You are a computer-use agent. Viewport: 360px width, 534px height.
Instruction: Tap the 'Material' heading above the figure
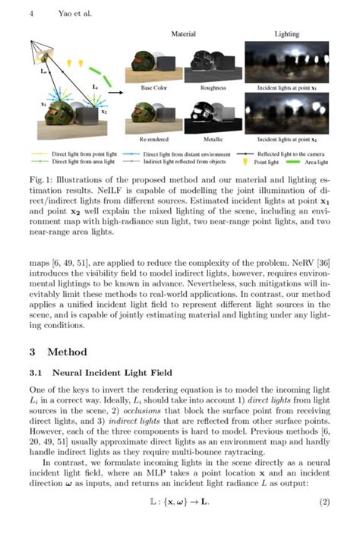point(183,34)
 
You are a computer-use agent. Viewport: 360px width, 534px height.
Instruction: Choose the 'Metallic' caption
point(213,141)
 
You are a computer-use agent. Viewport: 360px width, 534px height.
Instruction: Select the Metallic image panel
point(213,115)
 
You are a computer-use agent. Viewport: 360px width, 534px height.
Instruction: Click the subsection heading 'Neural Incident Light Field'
point(107,373)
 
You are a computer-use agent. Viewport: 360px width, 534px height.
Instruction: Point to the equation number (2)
point(324,502)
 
